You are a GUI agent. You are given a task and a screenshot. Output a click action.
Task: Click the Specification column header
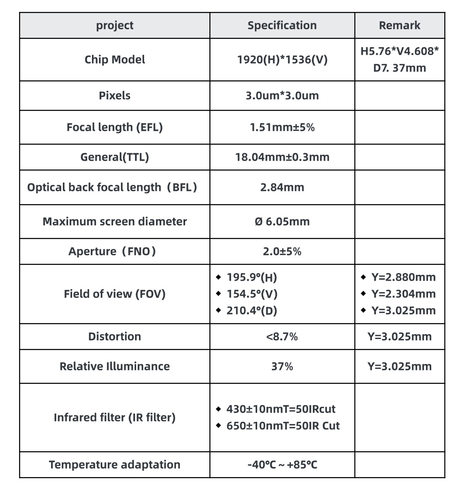click(282, 25)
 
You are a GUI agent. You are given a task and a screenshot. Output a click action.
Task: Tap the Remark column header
click(399, 25)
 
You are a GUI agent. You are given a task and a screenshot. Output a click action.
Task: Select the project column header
click(115, 25)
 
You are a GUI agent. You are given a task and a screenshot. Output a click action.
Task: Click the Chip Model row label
click(115, 60)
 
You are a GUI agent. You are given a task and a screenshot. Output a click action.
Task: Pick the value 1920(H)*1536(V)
click(282, 60)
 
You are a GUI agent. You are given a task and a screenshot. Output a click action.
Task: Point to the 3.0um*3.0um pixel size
click(282, 95)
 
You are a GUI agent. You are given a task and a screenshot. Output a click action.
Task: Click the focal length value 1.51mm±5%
click(282, 127)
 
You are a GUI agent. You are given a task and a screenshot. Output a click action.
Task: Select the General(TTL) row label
click(115, 157)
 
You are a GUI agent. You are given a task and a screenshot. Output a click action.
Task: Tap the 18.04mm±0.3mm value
click(282, 157)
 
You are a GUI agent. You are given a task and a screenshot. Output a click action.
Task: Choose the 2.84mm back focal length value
click(282, 187)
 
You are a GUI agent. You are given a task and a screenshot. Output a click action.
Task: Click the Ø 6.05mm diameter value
click(282, 222)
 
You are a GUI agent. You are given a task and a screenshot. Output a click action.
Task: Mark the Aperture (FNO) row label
click(112, 251)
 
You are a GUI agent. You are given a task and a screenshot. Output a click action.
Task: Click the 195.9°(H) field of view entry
click(252, 277)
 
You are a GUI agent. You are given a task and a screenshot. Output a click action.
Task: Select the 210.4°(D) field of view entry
click(252, 311)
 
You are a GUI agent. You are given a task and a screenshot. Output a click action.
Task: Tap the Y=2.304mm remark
click(403, 294)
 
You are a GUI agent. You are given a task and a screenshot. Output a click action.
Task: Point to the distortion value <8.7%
click(282, 337)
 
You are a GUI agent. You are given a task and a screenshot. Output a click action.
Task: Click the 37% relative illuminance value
click(282, 366)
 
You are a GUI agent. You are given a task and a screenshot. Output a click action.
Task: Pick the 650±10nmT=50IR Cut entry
click(283, 426)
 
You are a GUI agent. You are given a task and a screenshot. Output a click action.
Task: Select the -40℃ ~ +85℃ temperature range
click(282, 465)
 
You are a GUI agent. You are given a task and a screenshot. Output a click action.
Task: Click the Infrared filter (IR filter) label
click(115, 417)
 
